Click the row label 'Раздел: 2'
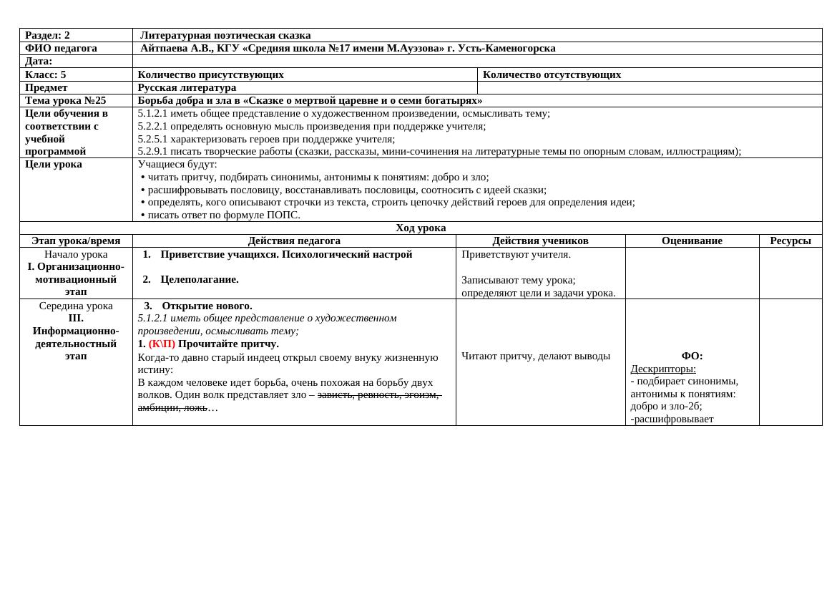pyautogui.click(x=47, y=35)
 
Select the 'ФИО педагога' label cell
pyautogui.click(x=61, y=48)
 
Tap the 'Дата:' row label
pyautogui.click(x=39, y=61)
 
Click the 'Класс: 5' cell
pyautogui.click(x=45, y=74)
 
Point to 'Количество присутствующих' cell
pyautogui.click(x=210, y=74)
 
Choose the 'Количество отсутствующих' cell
pyautogui.click(x=552, y=74)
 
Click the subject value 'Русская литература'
pyautogui.click(x=187, y=87)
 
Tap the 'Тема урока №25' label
pyautogui.click(x=65, y=100)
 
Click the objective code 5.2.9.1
pyautogui.click(x=152, y=151)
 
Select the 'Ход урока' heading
pyautogui.click(x=421, y=228)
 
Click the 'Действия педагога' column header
pyautogui.click(x=294, y=241)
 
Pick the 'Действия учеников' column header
pyautogui.click(x=540, y=241)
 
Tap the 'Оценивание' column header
pyautogui.click(x=692, y=241)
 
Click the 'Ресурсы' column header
pyautogui.click(x=790, y=241)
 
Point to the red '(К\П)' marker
pyautogui.click(x=162, y=344)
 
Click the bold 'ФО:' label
pyautogui.click(x=692, y=356)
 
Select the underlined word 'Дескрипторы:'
pyautogui.click(x=663, y=369)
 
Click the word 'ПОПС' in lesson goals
pyautogui.click(x=283, y=215)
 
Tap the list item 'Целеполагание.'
pyautogui.click(x=199, y=279)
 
